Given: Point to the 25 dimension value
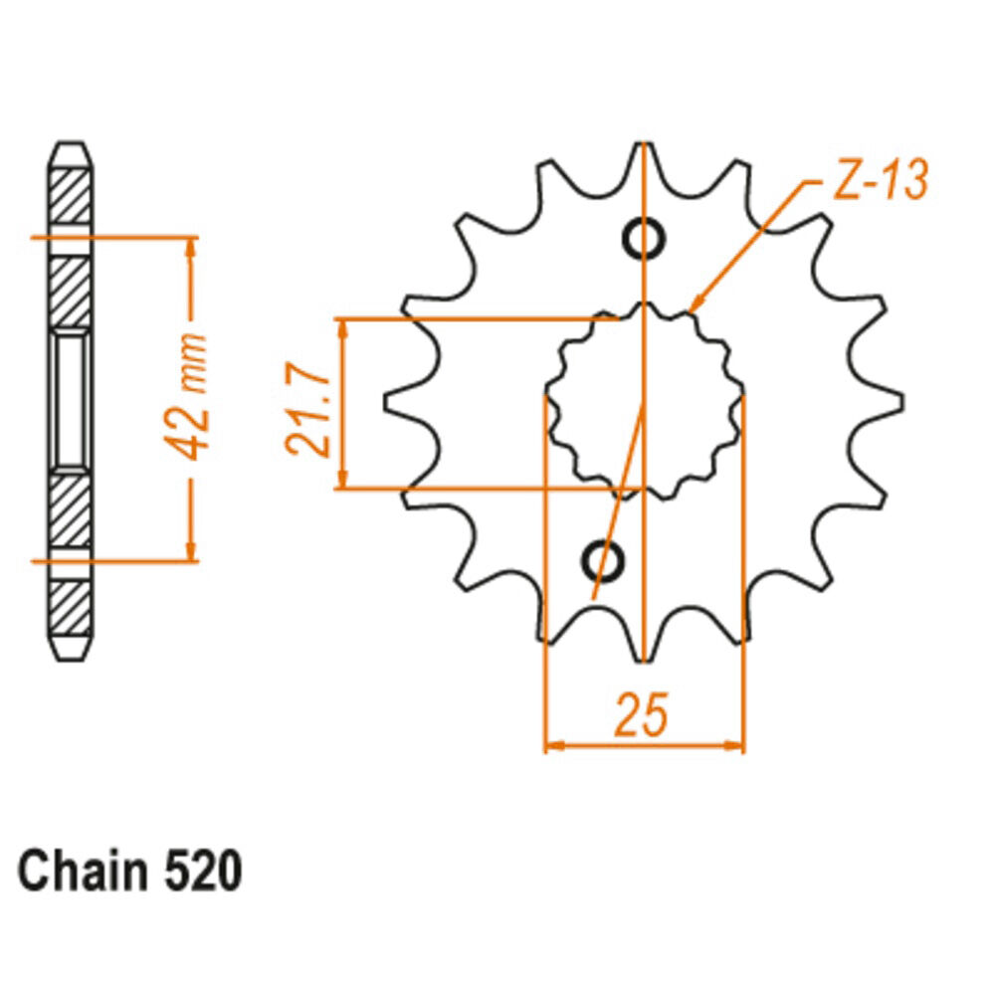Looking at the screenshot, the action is pos(642,714).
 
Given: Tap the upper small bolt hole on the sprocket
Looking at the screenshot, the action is pos(644,239).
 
